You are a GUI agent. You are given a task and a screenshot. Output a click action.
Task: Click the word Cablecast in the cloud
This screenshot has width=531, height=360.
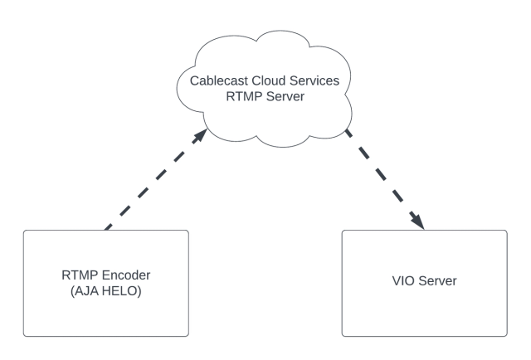[219, 81]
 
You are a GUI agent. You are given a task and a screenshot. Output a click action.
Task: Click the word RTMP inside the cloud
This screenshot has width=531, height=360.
[244, 96]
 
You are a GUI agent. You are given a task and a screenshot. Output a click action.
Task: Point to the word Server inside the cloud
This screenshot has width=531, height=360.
[285, 96]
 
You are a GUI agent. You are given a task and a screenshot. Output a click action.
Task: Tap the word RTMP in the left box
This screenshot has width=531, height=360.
[80, 275]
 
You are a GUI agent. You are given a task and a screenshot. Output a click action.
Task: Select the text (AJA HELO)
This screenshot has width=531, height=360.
[106, 291]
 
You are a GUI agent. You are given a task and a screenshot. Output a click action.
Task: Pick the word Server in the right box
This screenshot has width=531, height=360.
[437, 280]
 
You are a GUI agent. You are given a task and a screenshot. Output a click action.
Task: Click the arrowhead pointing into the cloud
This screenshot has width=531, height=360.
[201, 135]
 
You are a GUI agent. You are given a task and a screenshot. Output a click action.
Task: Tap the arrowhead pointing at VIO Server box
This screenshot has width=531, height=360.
[418, 221]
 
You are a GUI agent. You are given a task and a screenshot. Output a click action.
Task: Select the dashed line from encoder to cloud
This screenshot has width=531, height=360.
[156, 179]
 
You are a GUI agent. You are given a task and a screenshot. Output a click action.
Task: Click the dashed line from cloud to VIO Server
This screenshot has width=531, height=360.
[384, 179]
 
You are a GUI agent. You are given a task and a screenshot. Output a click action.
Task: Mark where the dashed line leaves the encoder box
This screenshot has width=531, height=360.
[106, 230]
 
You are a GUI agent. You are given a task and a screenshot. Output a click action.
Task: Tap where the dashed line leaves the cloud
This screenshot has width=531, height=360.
[346, 130]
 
